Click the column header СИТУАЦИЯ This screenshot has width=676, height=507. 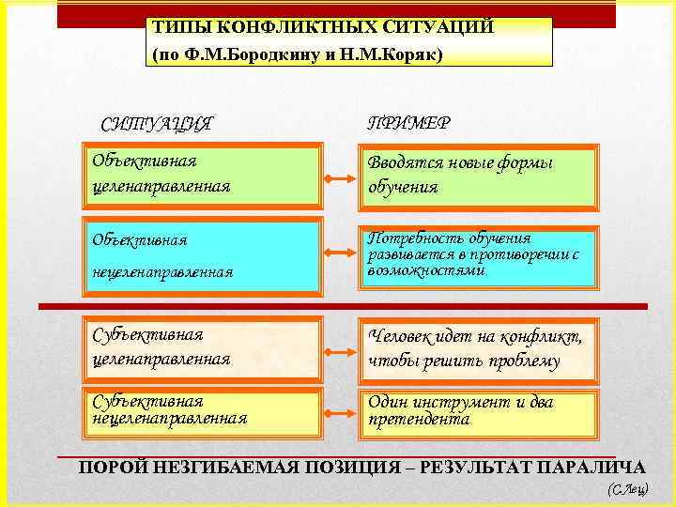[156, 123]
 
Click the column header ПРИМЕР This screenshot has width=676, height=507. [407, 122]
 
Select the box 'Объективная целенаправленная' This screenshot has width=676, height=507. [202, 175]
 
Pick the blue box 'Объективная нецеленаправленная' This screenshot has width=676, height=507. [202, 253]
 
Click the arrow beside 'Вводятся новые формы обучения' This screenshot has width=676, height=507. [339, 177]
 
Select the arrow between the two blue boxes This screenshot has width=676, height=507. [339, 253]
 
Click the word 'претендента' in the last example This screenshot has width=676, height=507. [419, 421]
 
